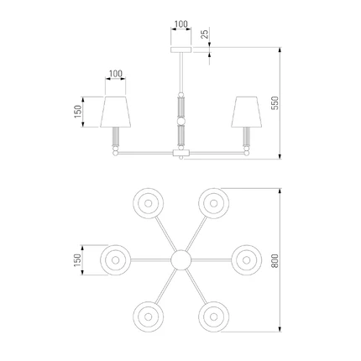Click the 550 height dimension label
point(275,103)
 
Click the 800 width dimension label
point(275,261)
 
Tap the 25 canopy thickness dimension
point(205,34)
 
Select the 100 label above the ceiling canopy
point(181,24)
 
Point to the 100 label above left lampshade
point(116,74)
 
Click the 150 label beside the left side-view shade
point(78,112)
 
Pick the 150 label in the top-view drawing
point(77,260)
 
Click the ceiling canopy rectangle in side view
point(181,50)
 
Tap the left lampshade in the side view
point(116,112)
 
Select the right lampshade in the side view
point(247,112)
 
